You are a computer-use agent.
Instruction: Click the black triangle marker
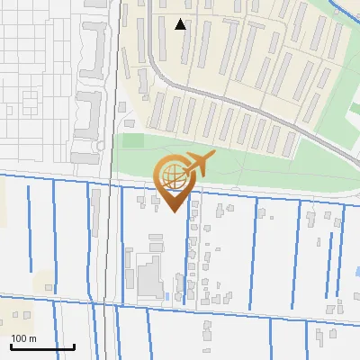coord(181,24)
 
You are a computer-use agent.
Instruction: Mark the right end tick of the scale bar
coord(74,346)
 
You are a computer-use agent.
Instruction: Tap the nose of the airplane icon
coord(214,158)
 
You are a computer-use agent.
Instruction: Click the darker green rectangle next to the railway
coord(132,140)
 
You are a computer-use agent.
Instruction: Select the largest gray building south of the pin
coord(148,277)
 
